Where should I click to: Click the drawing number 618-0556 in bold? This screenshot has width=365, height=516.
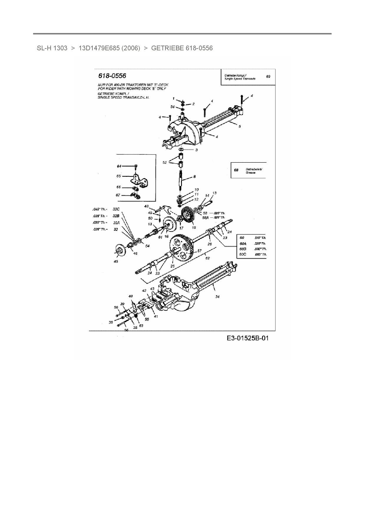click(x=112, y=76)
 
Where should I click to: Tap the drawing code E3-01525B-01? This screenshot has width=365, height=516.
click(x=248, y=338)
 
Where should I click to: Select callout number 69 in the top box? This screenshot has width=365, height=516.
click(x=268, y=76)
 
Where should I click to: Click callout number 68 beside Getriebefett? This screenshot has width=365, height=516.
click(x=236, y=170)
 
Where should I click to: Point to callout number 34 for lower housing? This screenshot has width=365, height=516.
click(x=217, y=297)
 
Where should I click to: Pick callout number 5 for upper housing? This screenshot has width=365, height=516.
click(x=240, y=126)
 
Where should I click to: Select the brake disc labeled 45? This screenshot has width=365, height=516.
click(x=120, y=251)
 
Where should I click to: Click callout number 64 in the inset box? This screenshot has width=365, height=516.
click(x=119, y=166)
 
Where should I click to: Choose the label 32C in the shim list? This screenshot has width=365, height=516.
click(x=116, y=209)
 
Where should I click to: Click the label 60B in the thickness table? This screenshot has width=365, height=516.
click(x=243, y=249)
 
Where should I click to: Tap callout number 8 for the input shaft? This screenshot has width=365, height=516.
click(x=194, y=177)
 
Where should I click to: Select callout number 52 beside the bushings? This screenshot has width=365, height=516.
click(x=165, y=162)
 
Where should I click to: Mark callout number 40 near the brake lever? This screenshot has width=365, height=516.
click(x=131, y=296)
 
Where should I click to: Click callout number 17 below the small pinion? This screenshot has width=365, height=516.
click(x=181, y=228)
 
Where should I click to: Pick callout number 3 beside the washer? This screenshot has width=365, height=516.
click(x=196, y=150)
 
